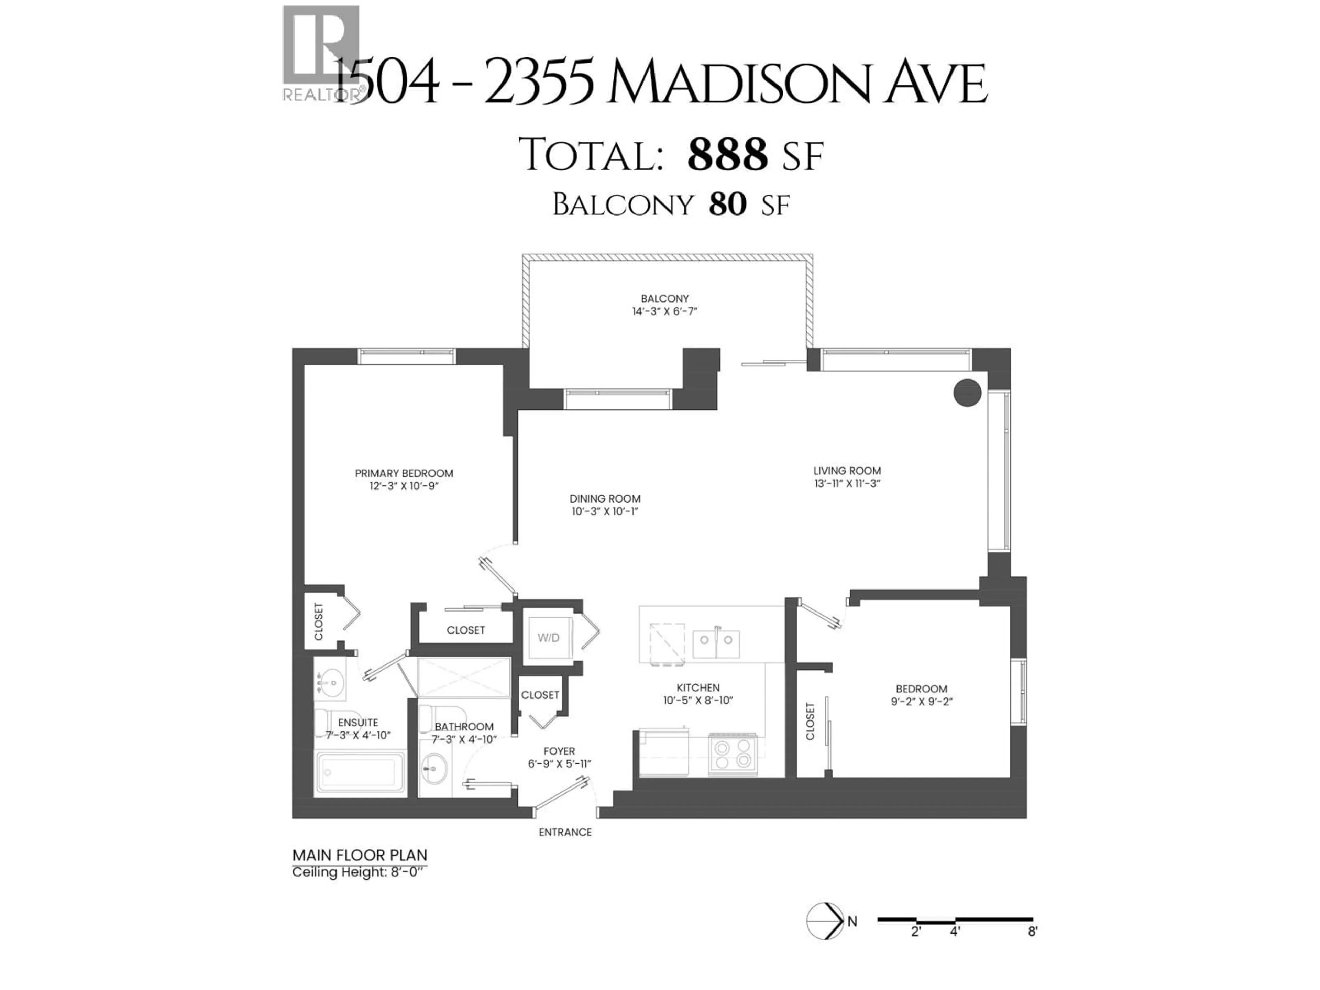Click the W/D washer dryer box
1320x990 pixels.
548,637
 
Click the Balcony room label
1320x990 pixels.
665,298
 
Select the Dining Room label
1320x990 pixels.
605,498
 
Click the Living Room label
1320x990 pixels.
847,471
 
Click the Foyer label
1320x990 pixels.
559,751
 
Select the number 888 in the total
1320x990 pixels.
727,155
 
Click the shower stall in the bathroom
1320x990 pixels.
464,677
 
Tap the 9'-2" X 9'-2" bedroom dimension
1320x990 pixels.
921,702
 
